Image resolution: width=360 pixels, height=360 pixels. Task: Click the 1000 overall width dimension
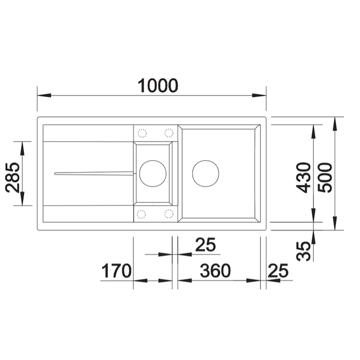pos(158,85)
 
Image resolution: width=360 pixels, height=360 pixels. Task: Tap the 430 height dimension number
pos(305,177)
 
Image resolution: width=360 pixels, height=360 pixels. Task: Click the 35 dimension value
pos(305,251)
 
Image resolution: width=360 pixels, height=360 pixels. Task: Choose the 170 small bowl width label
pos(116,271)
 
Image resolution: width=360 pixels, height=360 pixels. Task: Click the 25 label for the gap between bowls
pos(205,245)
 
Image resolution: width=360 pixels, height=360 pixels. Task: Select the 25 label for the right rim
pos(278,271)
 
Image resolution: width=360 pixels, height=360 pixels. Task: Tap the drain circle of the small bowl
pos(153,173)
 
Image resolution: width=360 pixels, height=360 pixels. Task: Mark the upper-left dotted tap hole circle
pos(142,133)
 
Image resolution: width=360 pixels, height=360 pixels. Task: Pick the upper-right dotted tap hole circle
pos(169,133)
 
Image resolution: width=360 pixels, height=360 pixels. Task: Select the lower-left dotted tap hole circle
pos(142,213)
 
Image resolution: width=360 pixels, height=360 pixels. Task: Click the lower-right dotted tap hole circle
pos(169,213)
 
